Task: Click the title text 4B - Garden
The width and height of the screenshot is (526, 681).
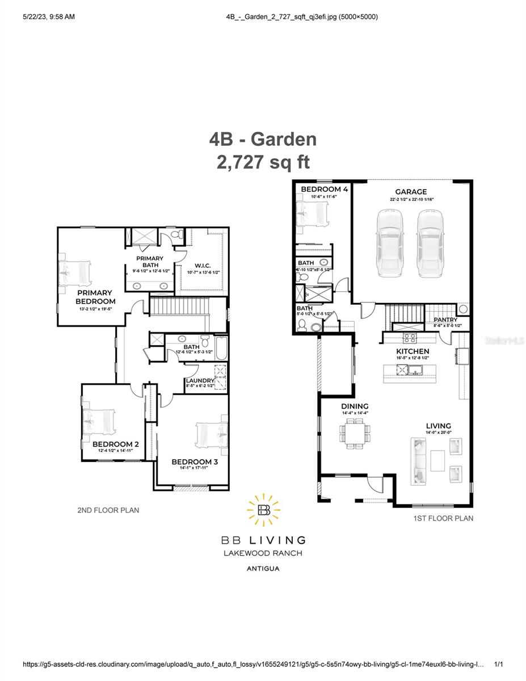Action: coord(263,139)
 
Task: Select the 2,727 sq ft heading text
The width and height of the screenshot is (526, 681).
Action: coord(263,162)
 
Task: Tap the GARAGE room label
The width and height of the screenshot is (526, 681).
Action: coord(411,192)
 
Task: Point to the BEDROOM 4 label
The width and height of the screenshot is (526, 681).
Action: coord(324,189)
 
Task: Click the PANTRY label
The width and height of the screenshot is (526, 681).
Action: coord(445,320)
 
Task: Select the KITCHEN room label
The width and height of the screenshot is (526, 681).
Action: coord(413,351)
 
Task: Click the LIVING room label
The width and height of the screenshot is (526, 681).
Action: coord(439,426)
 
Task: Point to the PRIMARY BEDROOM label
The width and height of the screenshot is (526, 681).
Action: coord(95,297)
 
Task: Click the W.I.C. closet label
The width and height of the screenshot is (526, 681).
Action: coord(203,264)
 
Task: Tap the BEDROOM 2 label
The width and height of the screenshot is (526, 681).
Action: coord(116,444)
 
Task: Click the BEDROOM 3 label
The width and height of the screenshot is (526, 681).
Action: coord(195,462)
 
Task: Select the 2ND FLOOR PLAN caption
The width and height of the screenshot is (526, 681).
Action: coord(108,510)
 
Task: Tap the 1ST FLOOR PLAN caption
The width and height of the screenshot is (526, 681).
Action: coord(443,518)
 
